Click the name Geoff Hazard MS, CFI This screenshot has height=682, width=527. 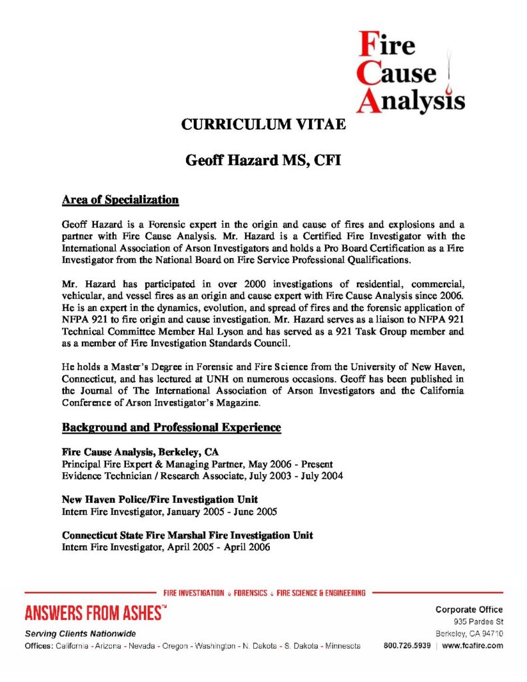point(263,161)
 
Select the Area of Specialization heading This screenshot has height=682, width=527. point(120,199)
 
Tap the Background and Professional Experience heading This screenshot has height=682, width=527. point(171,427)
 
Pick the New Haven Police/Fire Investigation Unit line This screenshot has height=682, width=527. point(160,500)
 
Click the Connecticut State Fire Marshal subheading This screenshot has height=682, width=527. point(187,535)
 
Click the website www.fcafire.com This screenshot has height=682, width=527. point(471,645)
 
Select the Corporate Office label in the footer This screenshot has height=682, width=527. point(469,609)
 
